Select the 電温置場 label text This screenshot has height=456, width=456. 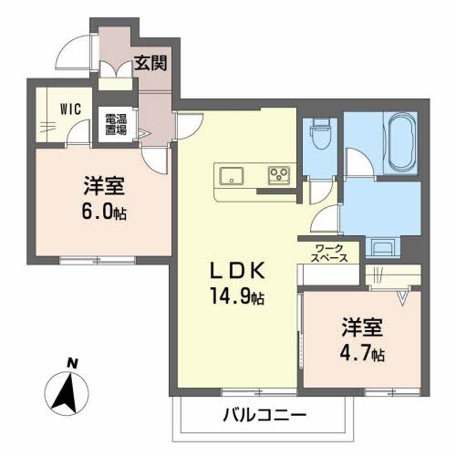tap(115, 125)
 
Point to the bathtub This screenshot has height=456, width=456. tap(400, 142)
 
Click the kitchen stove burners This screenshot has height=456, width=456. tap(277, 174)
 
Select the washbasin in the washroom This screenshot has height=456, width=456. tap(380, 244)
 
